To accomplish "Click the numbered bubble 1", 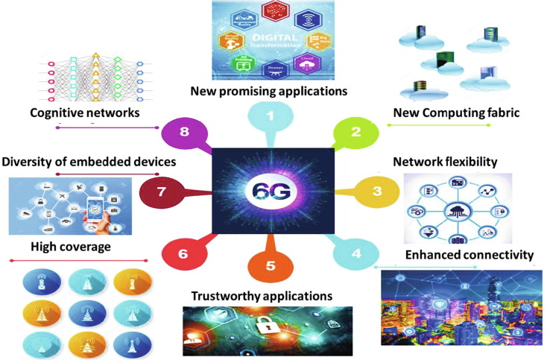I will point(270,116).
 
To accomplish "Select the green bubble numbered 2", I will point(355,133).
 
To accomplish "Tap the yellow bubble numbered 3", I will point(377,191).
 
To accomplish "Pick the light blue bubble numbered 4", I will point(356,253).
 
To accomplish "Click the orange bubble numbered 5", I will point(271,265).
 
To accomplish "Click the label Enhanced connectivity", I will point(469,256).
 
